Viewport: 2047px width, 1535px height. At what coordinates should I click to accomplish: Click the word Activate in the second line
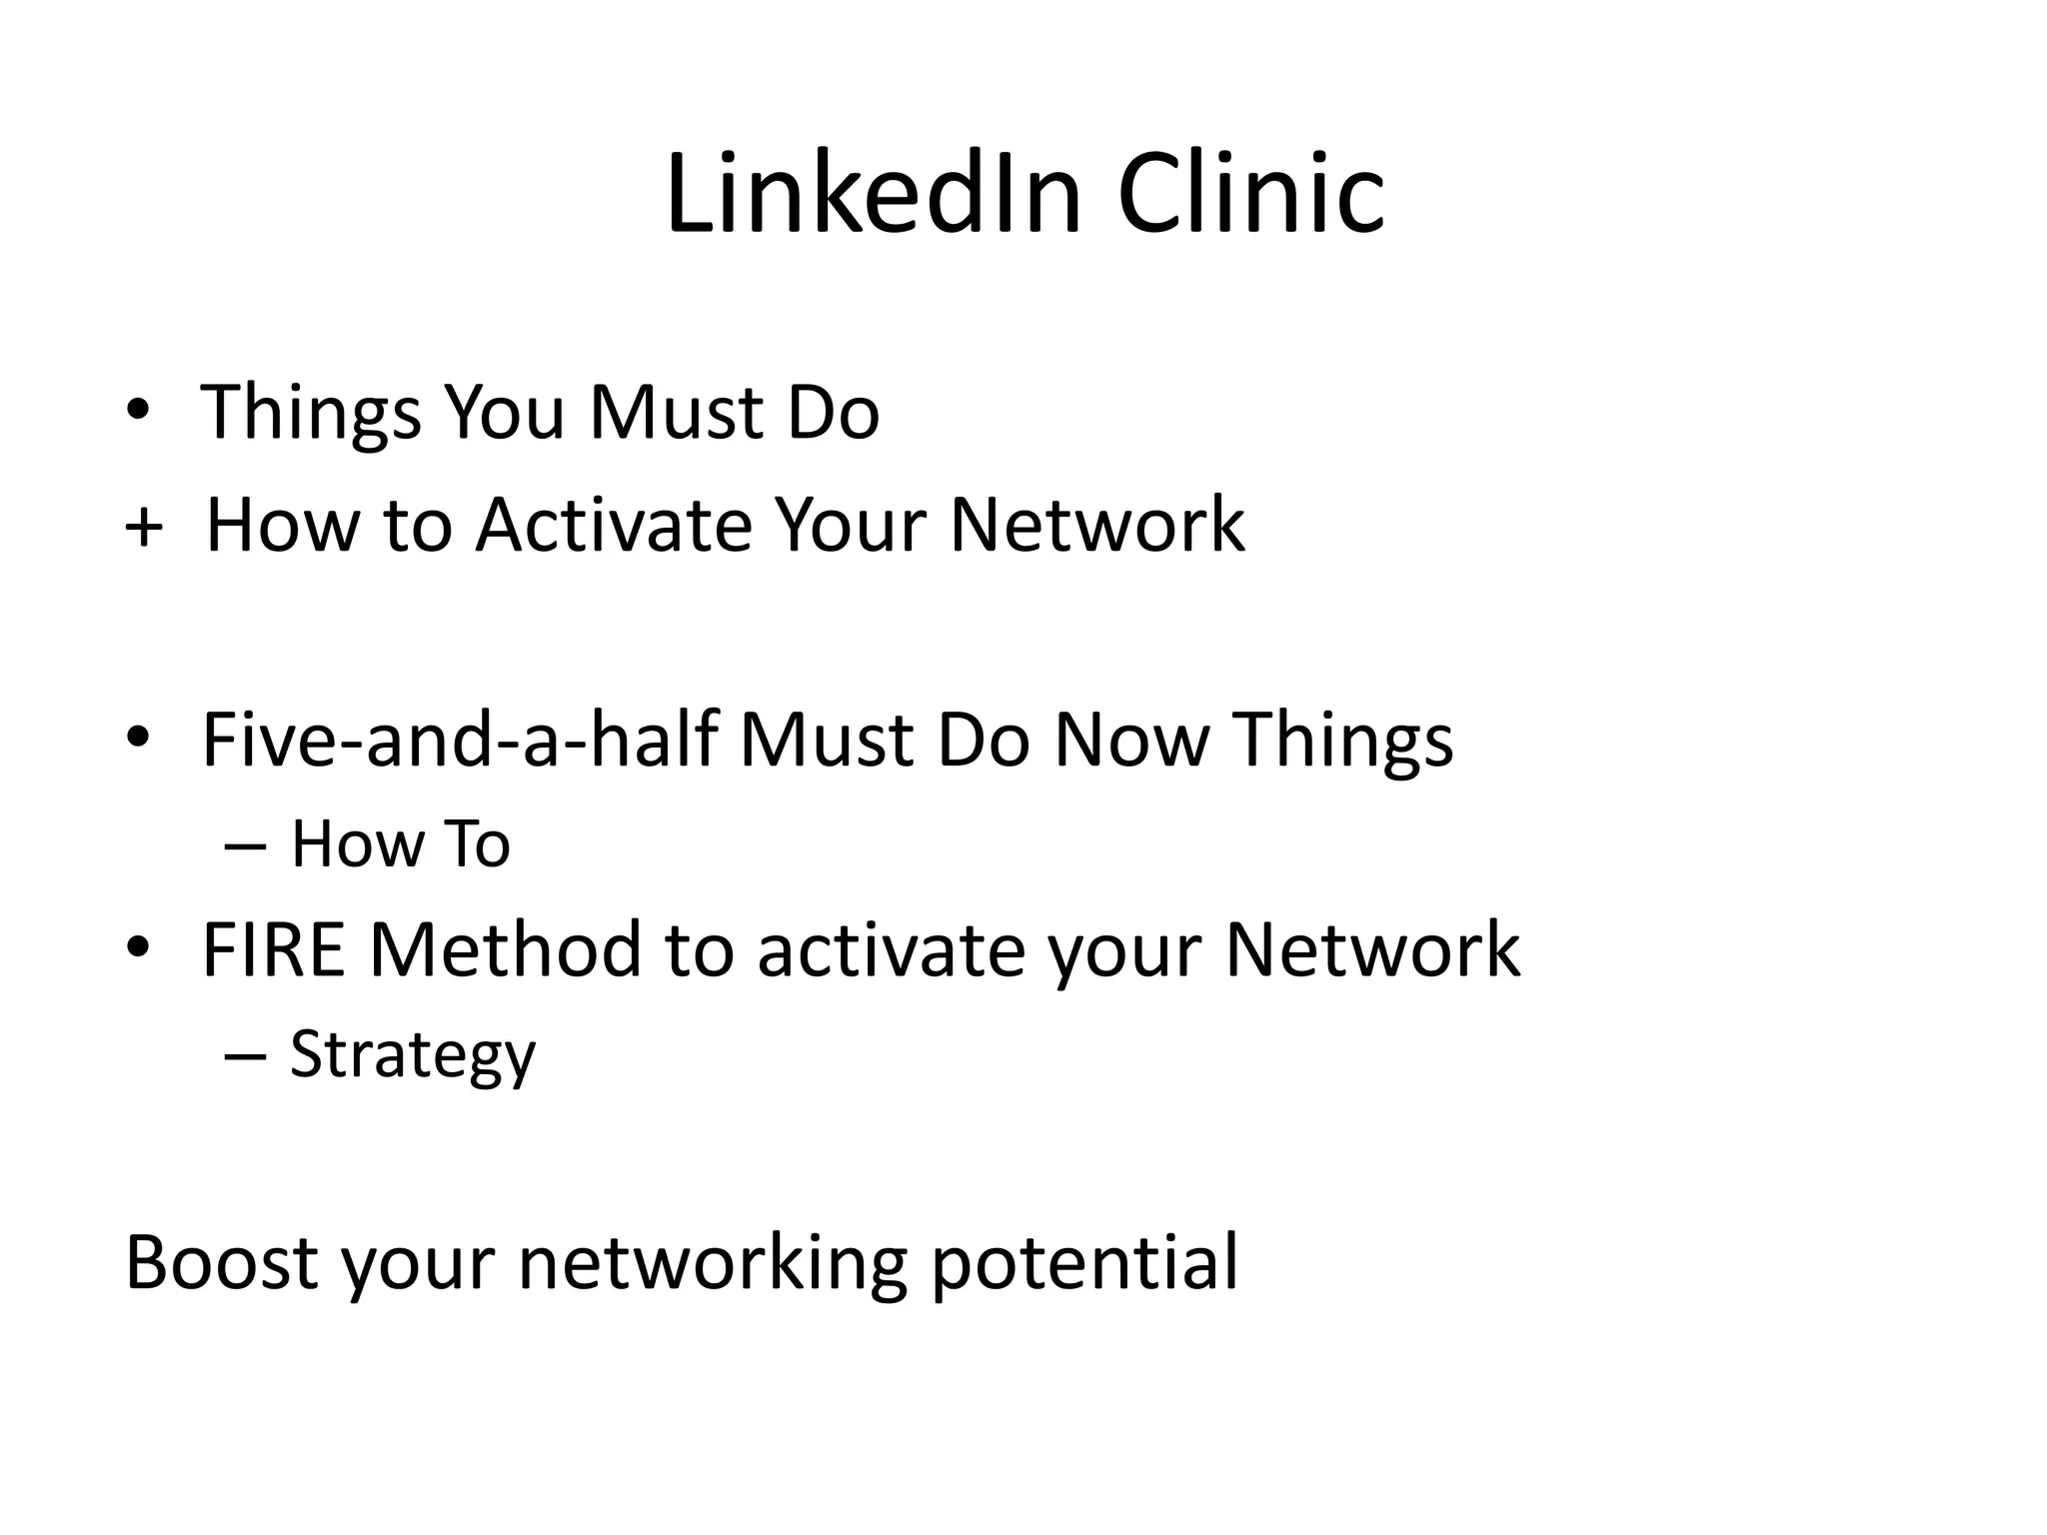(613, 525)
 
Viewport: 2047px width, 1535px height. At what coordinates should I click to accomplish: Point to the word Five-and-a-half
(460, 740)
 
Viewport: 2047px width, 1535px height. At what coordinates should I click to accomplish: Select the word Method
(506, 949)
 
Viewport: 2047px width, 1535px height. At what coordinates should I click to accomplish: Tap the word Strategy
(413, 1055)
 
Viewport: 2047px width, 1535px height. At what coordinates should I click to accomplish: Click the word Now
(1130, 740)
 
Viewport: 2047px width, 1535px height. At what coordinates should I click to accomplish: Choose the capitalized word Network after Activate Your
(1096, 525)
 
